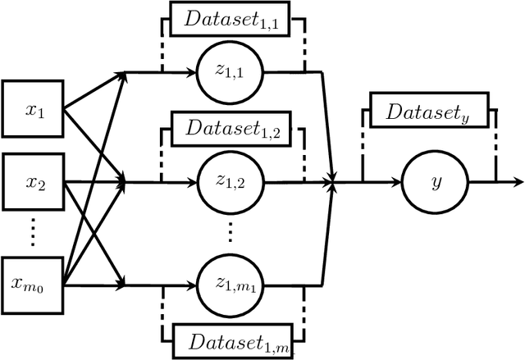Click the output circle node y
pyautogui.click(x=435, y=180)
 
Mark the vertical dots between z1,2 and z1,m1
pyautogui.click(x=232, y=232)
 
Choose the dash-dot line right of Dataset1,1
pyautogui.click(x=304, y=41)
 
